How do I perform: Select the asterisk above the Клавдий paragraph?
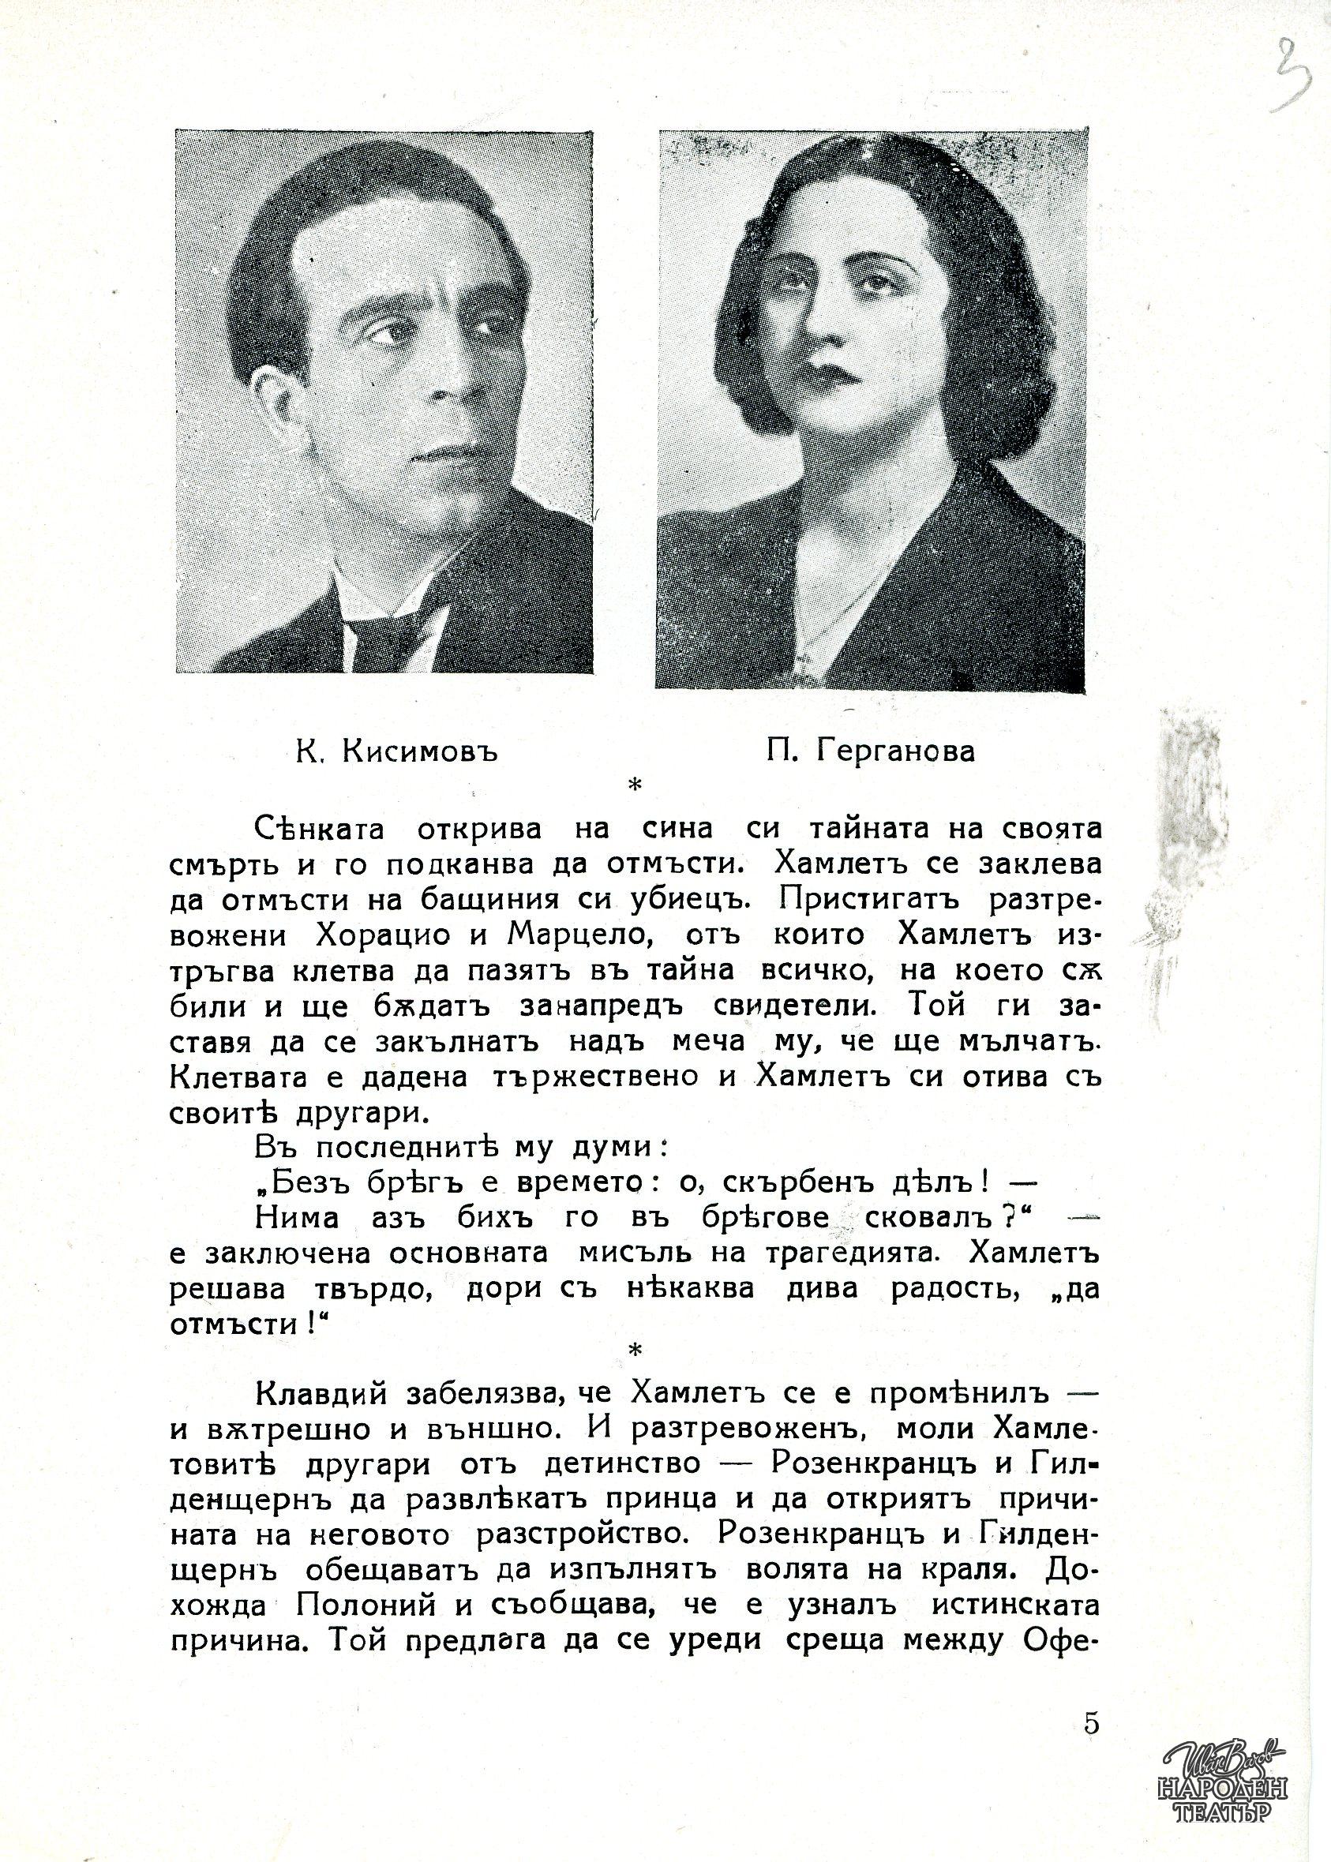click(632, 1351)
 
